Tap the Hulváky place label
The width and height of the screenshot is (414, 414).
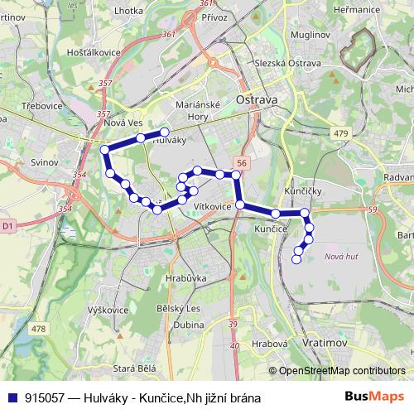[170, 141]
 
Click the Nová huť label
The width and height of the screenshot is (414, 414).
[341, 258]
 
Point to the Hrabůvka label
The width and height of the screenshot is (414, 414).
[184, 278]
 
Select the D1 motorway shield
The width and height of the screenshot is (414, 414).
[8, 224]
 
